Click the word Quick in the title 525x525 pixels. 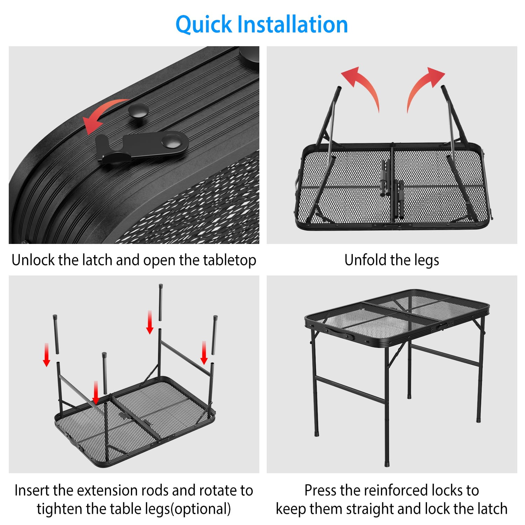(204, 24)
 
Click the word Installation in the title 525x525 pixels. (293, 24)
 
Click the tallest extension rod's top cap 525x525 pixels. (161, 286)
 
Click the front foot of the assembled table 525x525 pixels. (387, 464)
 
